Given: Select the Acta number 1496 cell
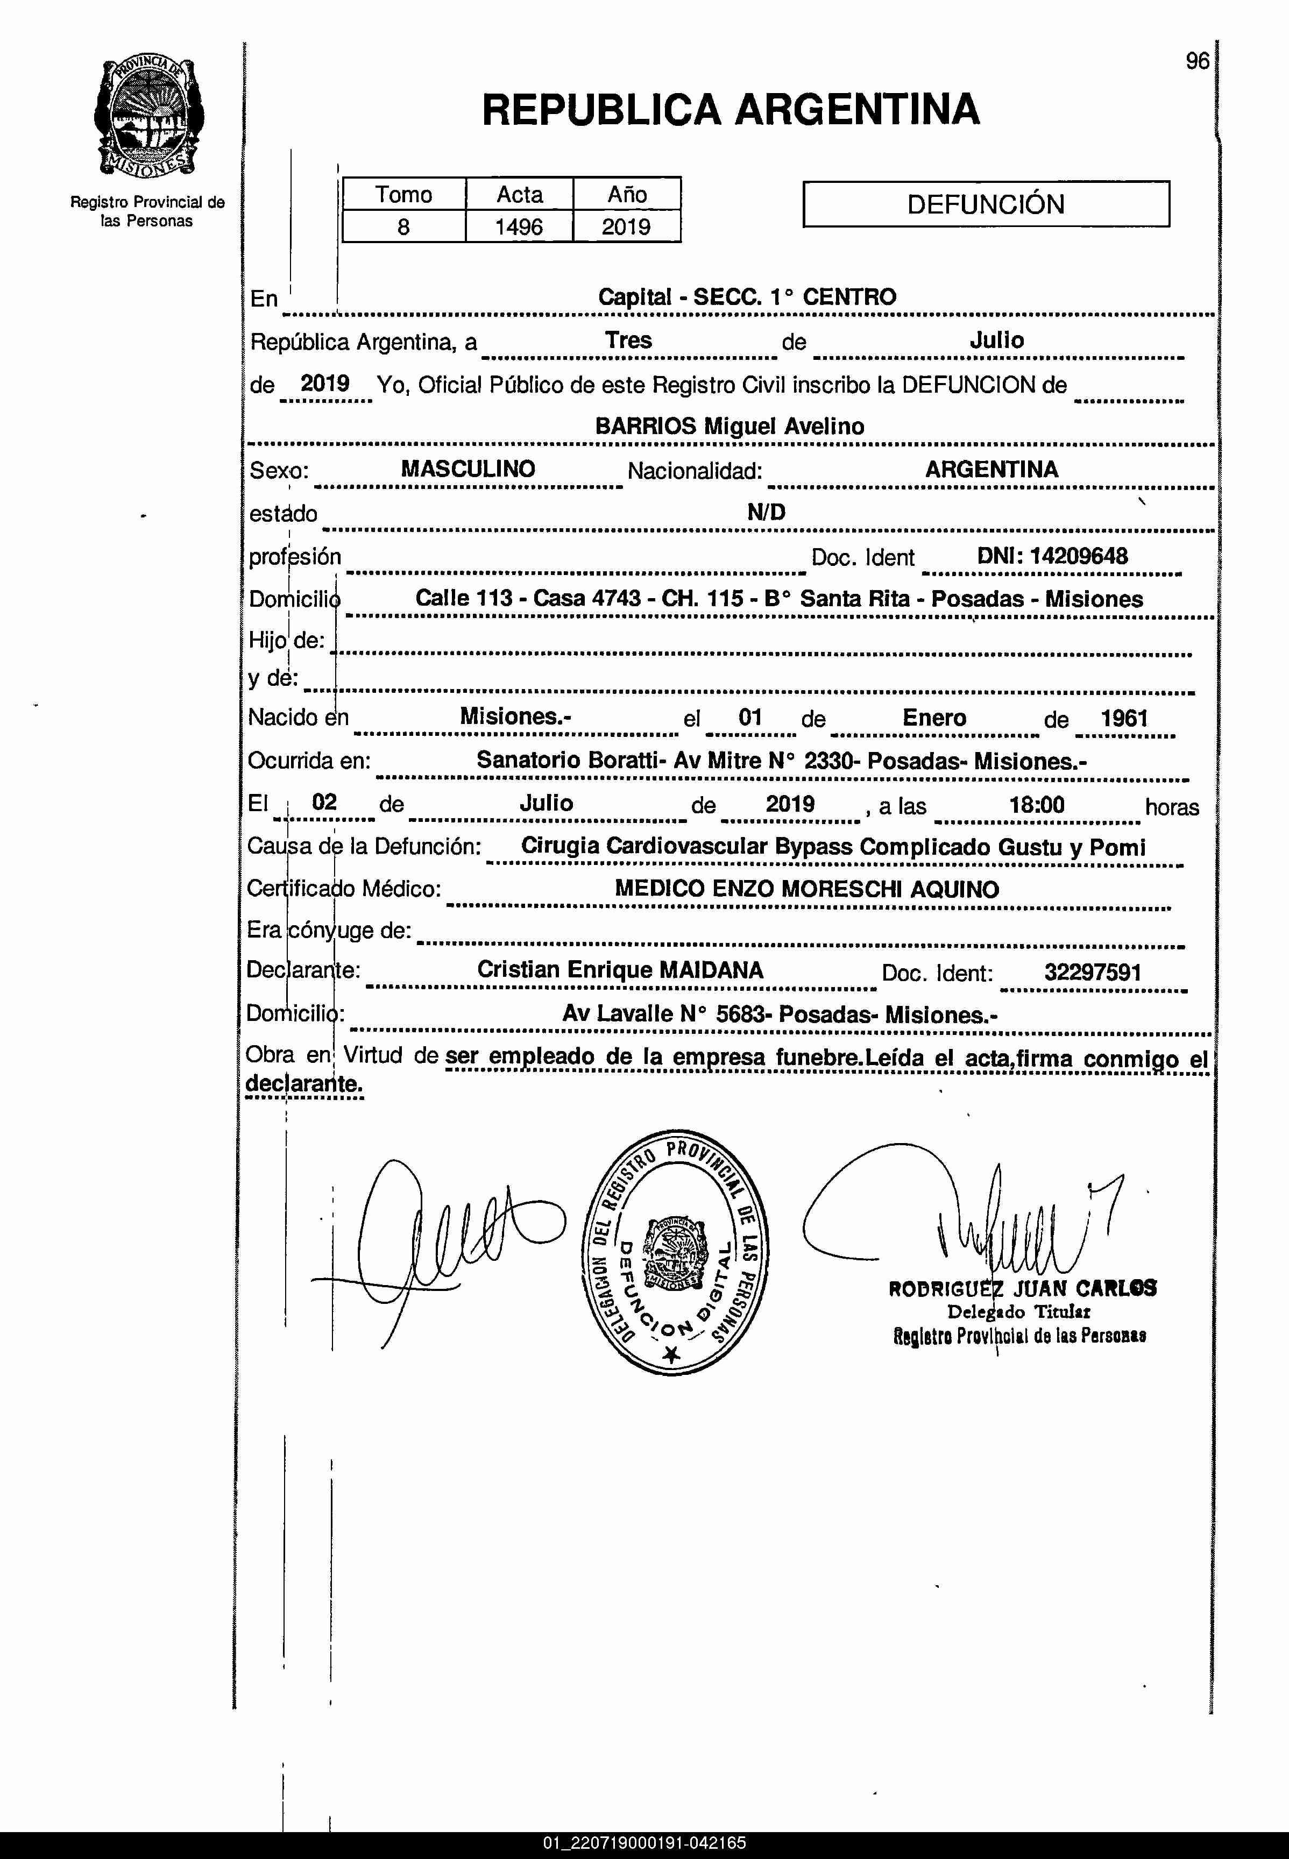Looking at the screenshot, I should (x=519, y=227).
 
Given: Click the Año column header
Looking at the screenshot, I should (x=627, y=195).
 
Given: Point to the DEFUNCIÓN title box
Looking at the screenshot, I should (x=986, y=203).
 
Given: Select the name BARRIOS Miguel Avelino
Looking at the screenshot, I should (x=730, y=427).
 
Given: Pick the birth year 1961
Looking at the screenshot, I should (x=1124, y=718).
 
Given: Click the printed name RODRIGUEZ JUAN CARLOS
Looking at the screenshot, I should (x=1022, y=1289).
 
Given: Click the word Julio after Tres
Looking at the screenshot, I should (x=997, y=340).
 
